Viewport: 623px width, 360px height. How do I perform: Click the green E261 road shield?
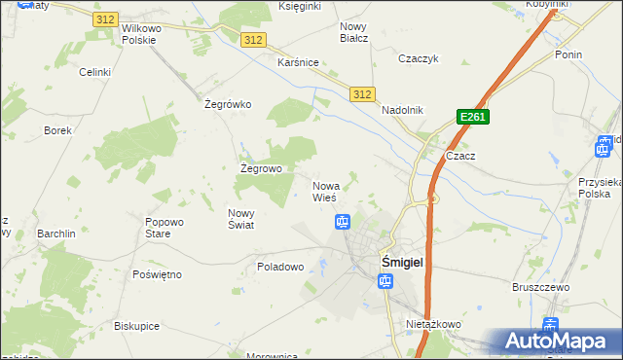click(x=472, y=118)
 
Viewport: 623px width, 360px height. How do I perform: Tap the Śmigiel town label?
click(x=400, y=262)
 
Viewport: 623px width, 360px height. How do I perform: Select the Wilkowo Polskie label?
click(x=145, y=35)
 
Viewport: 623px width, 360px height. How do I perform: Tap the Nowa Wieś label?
click(x=325, y=192)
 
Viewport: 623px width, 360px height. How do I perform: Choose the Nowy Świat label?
click(x=240, y=220)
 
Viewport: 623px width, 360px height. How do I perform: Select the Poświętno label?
click(x=157, y=274)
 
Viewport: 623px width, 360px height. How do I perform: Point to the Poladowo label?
click(x=281, y=266)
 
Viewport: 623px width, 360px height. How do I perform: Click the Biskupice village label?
click(x=136, y=326)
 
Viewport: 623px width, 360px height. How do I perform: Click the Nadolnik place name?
click(x=402, y=110)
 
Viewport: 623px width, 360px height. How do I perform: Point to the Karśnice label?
click(x=298, y=62)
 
